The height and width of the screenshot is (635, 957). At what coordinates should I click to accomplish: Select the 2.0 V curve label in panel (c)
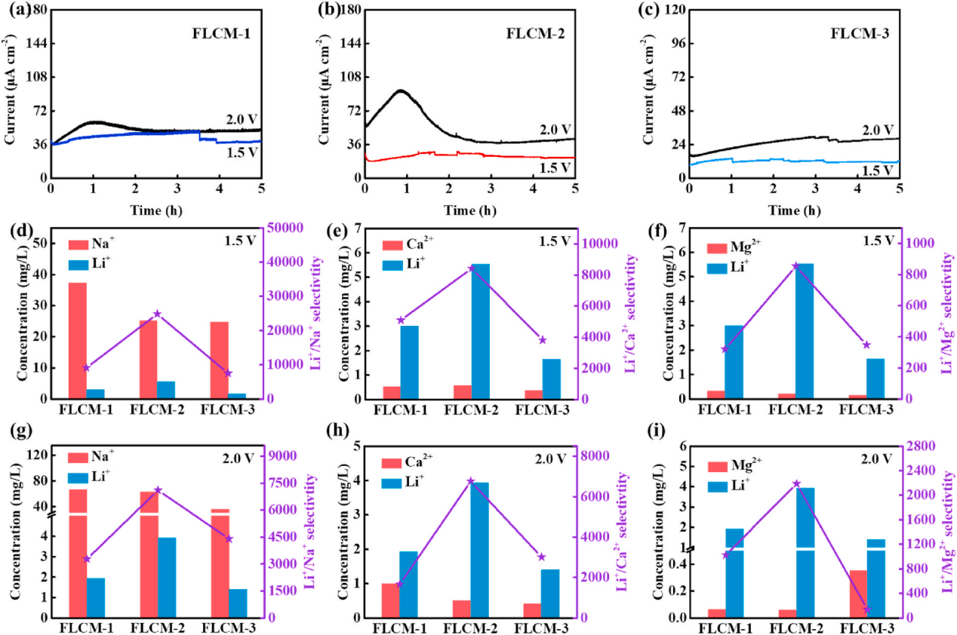pos(878,130)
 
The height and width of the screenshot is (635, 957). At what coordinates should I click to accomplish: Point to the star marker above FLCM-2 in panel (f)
pos(795,265)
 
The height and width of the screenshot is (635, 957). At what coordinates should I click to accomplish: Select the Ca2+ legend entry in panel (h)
pos(411,462)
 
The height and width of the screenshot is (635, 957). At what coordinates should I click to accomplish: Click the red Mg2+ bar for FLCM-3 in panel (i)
pos(858,594)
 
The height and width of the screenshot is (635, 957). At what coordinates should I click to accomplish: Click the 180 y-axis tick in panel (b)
pos(347,10)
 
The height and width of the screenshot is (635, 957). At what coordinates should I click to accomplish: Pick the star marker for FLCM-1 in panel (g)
pos(87,559)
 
